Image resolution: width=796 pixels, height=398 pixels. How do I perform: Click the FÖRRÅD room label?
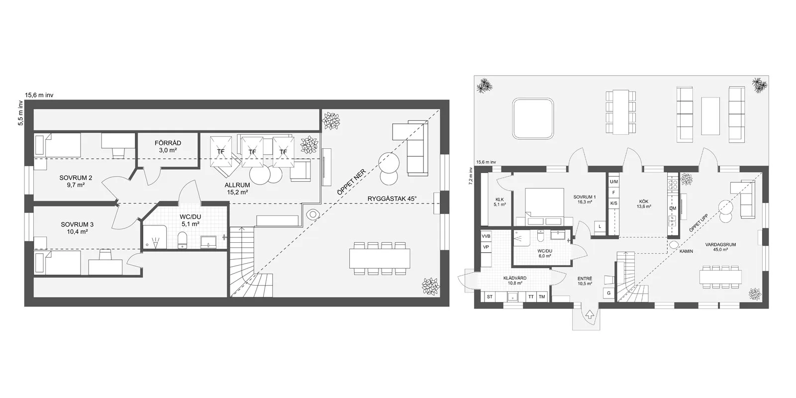(168, 146)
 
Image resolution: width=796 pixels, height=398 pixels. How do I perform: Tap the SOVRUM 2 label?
(76, 181)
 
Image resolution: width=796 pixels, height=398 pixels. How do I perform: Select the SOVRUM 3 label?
(77, 228)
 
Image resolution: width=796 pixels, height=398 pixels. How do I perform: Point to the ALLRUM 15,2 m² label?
(237, 189)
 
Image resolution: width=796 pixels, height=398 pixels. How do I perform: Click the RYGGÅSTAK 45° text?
(392, 199)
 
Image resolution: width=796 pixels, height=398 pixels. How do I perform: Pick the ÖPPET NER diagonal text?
(351, 182)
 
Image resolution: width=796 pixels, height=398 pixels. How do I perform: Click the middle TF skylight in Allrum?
(252, 152)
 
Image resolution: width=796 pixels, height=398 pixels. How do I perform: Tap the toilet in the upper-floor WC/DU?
(182, 240)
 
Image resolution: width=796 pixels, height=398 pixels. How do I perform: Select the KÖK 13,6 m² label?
(644, 203)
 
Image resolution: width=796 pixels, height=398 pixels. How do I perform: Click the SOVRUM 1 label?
(585, 199)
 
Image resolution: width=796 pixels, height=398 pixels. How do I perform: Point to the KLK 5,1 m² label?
(499, 202)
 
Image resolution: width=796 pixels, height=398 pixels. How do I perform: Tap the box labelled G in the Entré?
(609, 293)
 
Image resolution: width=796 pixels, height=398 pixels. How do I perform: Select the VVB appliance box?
(486, 236)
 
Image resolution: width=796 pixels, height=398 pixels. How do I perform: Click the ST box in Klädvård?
(490, 297)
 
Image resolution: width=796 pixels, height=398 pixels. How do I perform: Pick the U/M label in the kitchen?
(614, 182)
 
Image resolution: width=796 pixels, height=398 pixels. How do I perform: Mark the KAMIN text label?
(686, 251)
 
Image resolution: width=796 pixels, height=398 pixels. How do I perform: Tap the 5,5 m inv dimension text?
(20, 113)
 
